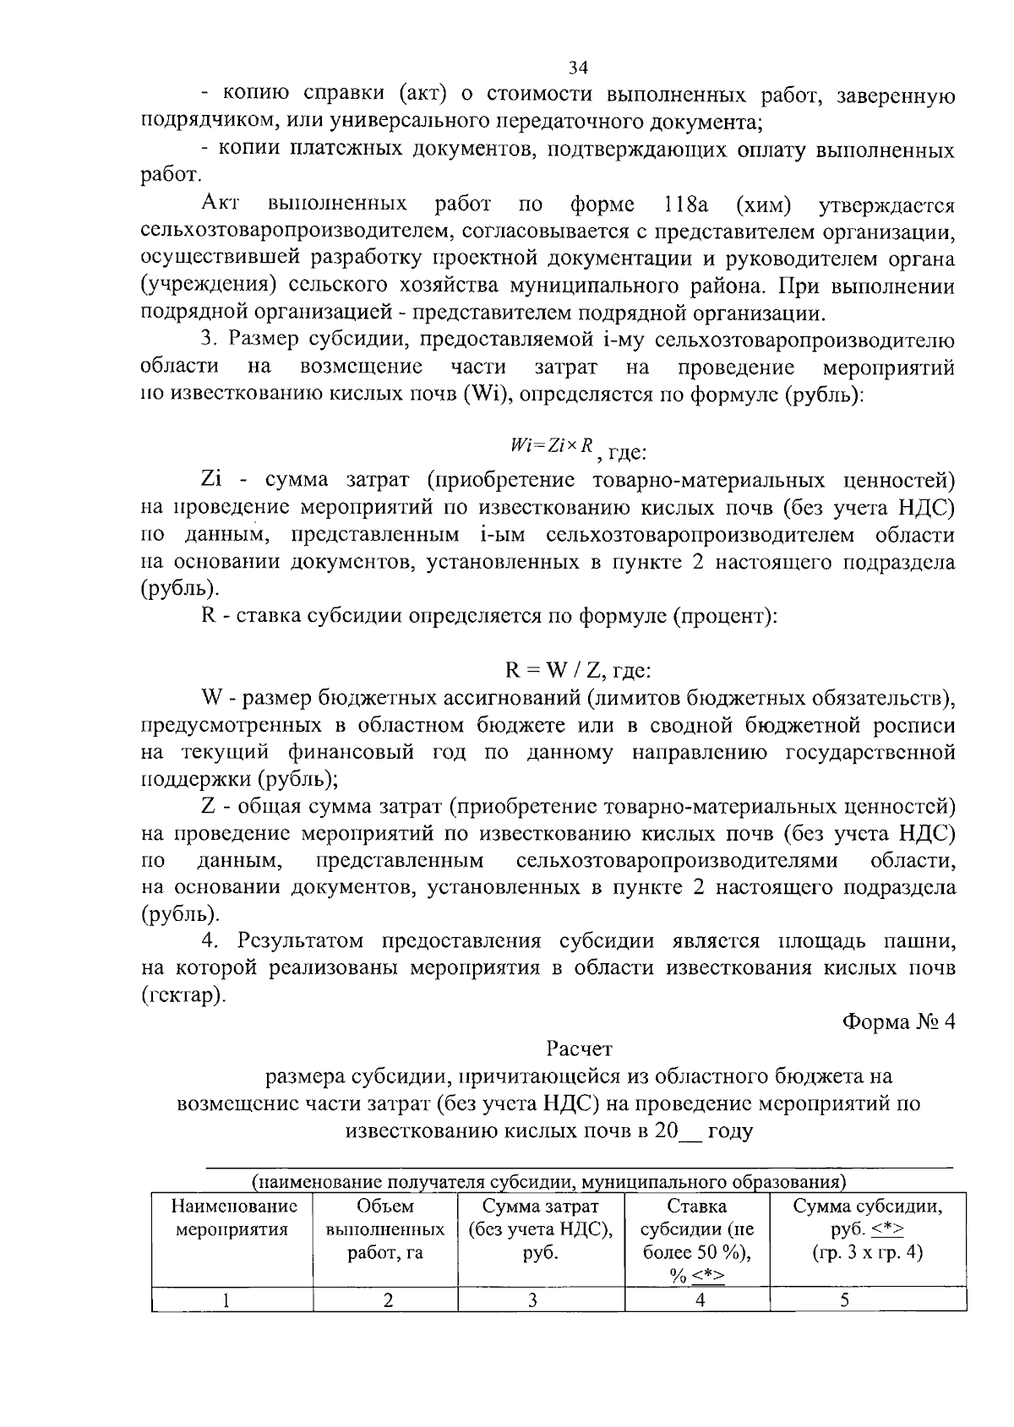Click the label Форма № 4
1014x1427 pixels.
point(898,1021)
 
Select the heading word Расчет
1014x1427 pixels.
point(579,1049)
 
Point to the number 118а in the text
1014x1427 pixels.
point(686,204)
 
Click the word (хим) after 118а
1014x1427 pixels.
point(764,204)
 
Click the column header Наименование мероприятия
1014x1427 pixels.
point(232,1217)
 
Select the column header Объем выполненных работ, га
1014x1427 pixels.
point(385,1229)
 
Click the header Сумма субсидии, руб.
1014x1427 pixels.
point(867,1217)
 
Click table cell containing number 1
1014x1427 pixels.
point(227,1300)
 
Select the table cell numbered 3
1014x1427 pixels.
point(533,1300)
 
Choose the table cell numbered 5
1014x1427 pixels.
point(844,1300)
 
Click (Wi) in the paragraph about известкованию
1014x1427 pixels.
point(482,395)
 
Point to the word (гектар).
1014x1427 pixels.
point(183,994)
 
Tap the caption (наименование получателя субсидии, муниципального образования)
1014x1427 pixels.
point(549,1179)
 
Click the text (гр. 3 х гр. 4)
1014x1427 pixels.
point(867,1253)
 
